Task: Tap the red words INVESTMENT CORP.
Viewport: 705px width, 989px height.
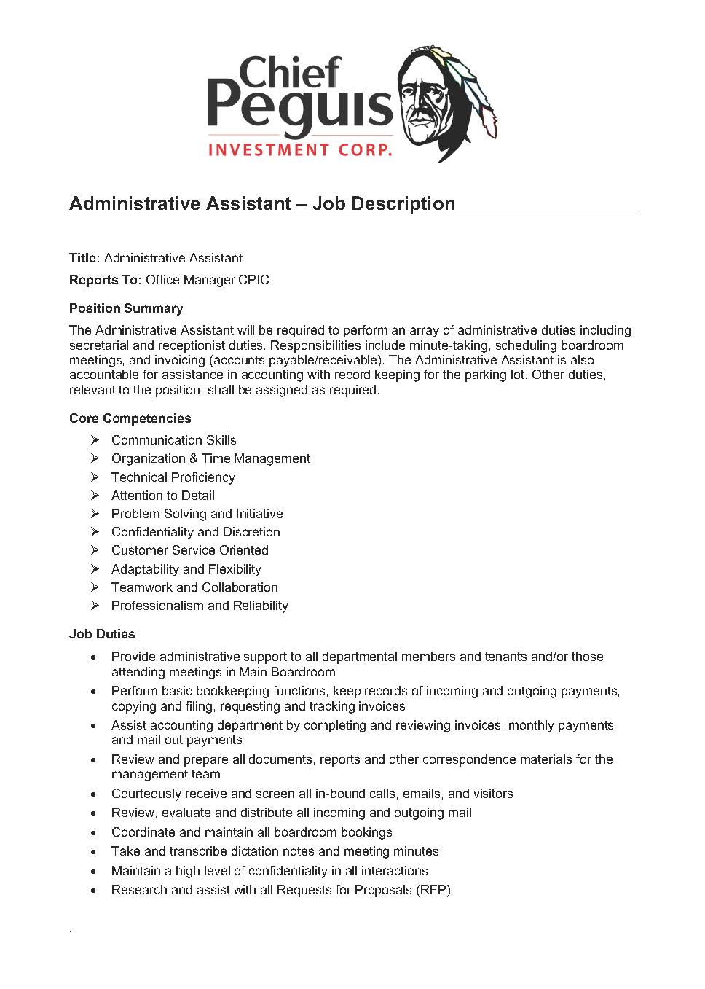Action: (300, 150)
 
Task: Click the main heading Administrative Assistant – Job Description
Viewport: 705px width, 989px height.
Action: (262, 203)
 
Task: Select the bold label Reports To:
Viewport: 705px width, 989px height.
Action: (105, 280)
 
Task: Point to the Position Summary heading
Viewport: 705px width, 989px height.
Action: (126, 308)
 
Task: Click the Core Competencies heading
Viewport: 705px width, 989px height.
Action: (130, 418)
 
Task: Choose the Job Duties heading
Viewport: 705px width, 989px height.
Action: (102, 634)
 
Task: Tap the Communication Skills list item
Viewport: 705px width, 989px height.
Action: (173, 440)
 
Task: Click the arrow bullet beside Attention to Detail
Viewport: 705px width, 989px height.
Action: (95, 496)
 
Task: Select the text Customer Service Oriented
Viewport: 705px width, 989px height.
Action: (189, 550)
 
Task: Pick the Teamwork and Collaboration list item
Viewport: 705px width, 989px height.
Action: (194, 587)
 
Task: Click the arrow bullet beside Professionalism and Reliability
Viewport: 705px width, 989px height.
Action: (95, 606)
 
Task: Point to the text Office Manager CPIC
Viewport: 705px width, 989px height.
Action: (208, 280)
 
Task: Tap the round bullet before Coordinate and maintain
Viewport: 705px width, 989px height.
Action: (94, 832)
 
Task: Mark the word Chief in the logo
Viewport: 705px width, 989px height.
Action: (289, 73)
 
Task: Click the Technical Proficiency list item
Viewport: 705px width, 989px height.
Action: (173, 477)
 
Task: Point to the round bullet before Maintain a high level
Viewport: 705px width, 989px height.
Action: (94, 871)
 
